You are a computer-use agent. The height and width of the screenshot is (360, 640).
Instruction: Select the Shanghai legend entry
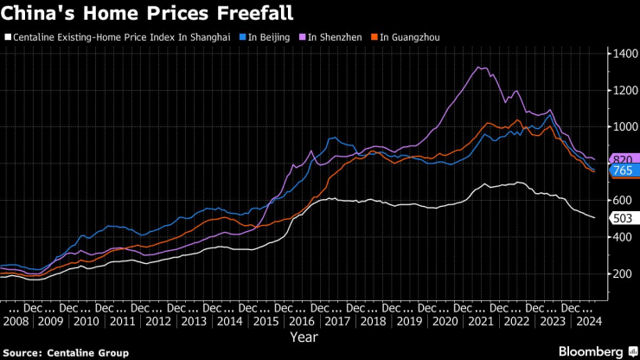coord(120,37)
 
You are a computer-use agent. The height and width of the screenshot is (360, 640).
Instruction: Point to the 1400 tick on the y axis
coord(623,54)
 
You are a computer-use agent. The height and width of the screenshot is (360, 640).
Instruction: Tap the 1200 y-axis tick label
coord(623,90)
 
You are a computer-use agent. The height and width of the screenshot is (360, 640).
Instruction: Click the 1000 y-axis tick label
coord(623,127)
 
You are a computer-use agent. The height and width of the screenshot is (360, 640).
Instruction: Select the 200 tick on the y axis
coord(620,273)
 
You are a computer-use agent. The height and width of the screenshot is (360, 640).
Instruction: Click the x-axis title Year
coord(304,336)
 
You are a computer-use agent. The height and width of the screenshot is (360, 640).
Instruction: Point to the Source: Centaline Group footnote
coord(65,353)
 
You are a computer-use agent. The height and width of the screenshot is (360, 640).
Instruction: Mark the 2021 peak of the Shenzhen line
coord(479,67)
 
